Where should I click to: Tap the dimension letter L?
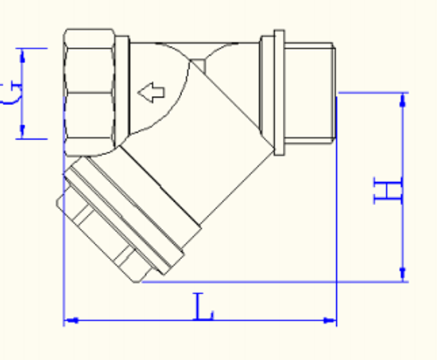204,307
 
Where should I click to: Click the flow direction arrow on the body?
150,93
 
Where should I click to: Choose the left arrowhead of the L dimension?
70,320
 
